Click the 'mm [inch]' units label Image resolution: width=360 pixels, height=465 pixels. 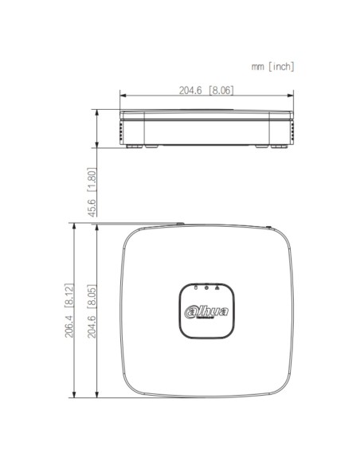point(272,67)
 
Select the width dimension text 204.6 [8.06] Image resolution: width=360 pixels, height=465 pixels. point(206,91)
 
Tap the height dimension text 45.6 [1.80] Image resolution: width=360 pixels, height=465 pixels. point(92,192)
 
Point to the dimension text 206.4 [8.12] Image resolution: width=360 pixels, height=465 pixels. point(69,311)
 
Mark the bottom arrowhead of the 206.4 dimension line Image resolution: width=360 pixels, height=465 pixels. point(75,395)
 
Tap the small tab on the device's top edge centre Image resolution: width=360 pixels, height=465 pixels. point(180,225)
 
